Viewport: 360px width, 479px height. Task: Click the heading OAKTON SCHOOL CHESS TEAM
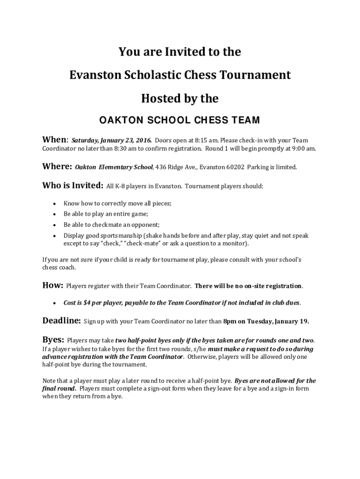point(180,120)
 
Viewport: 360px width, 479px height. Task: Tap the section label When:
point(55,140)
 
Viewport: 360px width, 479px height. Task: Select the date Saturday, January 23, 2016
point(111,140)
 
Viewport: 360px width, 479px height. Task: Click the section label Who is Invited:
point(72,186)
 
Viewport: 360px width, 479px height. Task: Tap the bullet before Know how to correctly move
point(55,204)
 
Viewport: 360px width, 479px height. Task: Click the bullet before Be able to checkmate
point(55,225)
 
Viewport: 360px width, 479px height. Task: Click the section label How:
point(53,285)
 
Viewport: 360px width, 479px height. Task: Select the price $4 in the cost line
point(86,303)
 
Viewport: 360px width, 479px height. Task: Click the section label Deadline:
point(62,321)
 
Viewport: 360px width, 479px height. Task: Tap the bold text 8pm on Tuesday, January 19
point(266,321)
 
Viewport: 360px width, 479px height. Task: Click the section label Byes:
point(53,340)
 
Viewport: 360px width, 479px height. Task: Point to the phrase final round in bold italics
point(59,388)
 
